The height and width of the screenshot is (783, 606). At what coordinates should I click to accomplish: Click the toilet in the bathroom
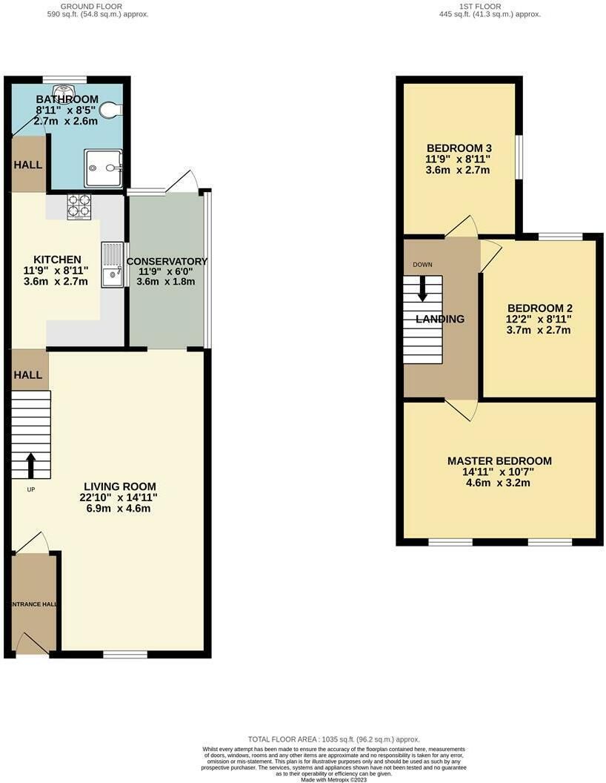point(110,109)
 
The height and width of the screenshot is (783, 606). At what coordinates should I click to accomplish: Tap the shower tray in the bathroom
point(103,168)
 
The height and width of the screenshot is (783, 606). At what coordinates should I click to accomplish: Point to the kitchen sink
point(112,264)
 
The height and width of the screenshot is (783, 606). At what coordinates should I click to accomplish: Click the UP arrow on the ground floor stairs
point(30,466)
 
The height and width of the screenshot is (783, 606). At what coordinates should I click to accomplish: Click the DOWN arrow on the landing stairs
point(422,288)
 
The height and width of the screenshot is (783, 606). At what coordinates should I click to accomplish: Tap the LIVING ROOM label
point(120,486)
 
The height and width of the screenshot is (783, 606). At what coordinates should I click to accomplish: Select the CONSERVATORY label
point(167,261)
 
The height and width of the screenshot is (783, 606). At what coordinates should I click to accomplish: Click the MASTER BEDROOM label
point(499,461)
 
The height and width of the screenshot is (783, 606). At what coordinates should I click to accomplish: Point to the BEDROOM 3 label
point(459,148)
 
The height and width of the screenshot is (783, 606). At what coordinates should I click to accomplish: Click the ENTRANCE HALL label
point(34,604)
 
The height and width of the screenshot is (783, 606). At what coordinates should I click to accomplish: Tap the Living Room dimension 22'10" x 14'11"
point(119,498)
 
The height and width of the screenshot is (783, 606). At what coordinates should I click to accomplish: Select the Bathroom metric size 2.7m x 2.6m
point(66,121)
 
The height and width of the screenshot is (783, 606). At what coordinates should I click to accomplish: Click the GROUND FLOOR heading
point(91,7)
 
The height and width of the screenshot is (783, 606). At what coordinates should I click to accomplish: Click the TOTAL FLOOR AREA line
point(333,739)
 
